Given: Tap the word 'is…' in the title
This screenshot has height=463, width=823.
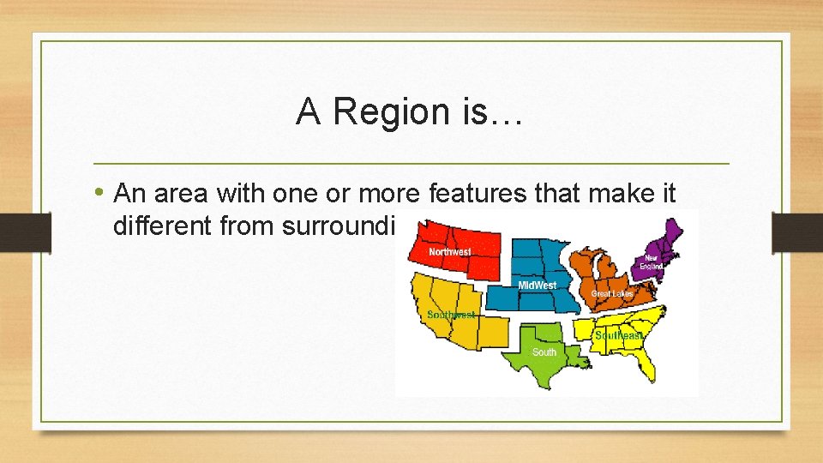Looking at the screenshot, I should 495,112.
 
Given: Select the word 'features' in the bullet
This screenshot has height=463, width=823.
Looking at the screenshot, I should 470,194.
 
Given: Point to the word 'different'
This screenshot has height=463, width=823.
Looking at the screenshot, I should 160,226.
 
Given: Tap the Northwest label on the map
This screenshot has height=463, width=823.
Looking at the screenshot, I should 449,252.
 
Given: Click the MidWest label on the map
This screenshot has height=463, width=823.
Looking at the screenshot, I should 537,285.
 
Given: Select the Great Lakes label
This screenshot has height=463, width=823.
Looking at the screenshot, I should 612,294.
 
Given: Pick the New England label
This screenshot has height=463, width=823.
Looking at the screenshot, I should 653,262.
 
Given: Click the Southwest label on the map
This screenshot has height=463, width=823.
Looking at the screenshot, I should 451,316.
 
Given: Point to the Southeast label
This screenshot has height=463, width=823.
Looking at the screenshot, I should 618,335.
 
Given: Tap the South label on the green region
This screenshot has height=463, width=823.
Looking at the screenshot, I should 544,352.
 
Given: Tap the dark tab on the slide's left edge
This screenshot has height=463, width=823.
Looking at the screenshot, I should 15,232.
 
